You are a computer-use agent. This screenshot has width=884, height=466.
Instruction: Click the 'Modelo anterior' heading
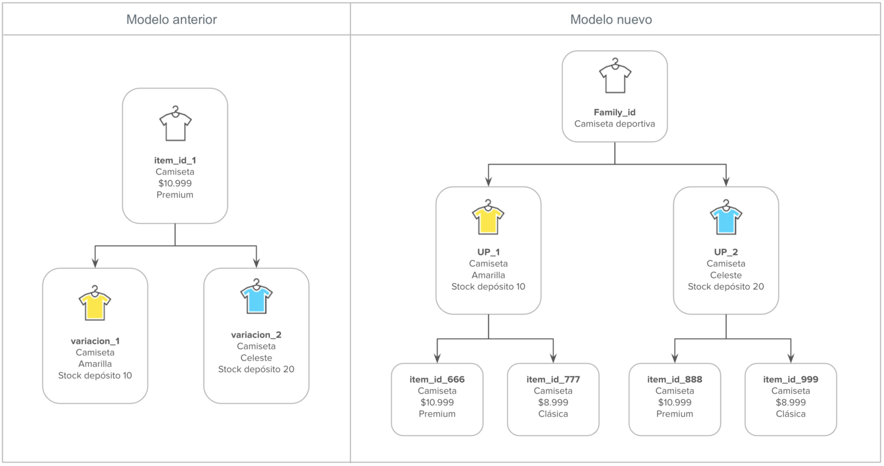pos(172,20)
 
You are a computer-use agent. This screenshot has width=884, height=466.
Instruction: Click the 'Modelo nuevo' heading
pos(611,20)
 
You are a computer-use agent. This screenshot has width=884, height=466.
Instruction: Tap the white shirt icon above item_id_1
pos(175,124)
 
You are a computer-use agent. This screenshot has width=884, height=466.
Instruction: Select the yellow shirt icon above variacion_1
pos(94,304)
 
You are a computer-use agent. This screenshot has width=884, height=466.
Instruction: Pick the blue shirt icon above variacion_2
pos(256,297)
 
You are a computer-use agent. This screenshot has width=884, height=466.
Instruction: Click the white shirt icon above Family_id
pos(615,76)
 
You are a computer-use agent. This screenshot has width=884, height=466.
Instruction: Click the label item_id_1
pos(175,160)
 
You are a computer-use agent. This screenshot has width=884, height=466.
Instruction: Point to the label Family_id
pos(615,112)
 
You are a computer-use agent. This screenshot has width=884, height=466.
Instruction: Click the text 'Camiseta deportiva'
pos(615,124)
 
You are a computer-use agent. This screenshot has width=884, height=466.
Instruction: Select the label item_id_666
pos(437,380)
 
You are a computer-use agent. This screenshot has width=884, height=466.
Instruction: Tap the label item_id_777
pos(553,380)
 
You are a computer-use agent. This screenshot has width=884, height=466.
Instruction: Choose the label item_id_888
pos(675,380)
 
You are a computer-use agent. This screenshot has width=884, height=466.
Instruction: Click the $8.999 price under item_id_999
pos(790,403)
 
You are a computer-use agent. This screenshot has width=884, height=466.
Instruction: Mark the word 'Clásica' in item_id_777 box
pos(553,414)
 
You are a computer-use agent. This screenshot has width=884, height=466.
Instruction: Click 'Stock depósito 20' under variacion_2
pos(256,369)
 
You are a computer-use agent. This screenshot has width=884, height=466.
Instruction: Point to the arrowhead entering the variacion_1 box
pos(95,263)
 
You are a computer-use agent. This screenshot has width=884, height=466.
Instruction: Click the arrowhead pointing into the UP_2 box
pos(726,181)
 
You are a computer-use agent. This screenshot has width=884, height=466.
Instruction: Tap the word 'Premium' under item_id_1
pos(175,195)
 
